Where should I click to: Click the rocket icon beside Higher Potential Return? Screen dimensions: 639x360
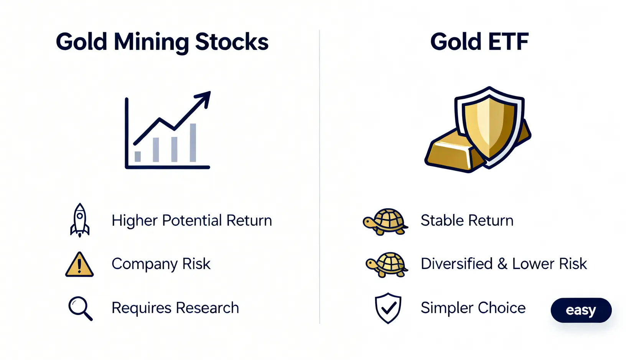(80, 220)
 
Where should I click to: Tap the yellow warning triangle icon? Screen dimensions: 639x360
(80, 265)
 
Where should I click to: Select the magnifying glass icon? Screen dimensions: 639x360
(81, 309)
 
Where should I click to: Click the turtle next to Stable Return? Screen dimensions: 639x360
(385, 222)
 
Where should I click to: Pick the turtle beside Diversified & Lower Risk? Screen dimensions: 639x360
(387, 265)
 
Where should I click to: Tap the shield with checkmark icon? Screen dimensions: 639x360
(388, 308)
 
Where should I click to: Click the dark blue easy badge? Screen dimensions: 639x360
(581, 310)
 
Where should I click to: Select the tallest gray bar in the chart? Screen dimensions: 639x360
(193, 143)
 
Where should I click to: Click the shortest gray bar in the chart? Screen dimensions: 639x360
(138, 157)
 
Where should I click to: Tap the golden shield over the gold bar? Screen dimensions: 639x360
(489, 127)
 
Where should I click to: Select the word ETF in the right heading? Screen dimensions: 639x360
(508, 42)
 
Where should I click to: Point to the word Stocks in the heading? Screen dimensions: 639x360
(232, 42)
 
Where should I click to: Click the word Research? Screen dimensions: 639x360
(208, 308)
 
